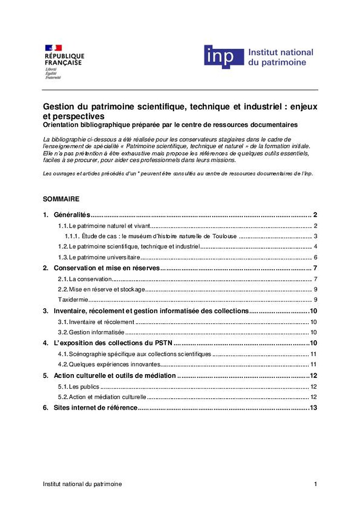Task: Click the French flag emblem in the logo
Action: (x=53, y=48)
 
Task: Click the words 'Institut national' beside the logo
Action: (x=280, y=53)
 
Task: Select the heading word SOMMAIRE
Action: (x=61, y=199)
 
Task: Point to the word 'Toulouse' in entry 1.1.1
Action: (x=222, y=236)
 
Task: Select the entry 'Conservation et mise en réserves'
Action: (x=106, y=268)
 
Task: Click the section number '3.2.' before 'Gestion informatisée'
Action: (x=63, y=333)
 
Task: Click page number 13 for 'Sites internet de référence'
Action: (x=314, y=408)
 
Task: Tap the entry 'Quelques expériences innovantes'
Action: (x=114, y=364)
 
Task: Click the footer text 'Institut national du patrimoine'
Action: (x=82, y=484)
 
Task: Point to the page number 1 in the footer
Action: (x=315, y=484)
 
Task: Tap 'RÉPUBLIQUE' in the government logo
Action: (x=65, y=56)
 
